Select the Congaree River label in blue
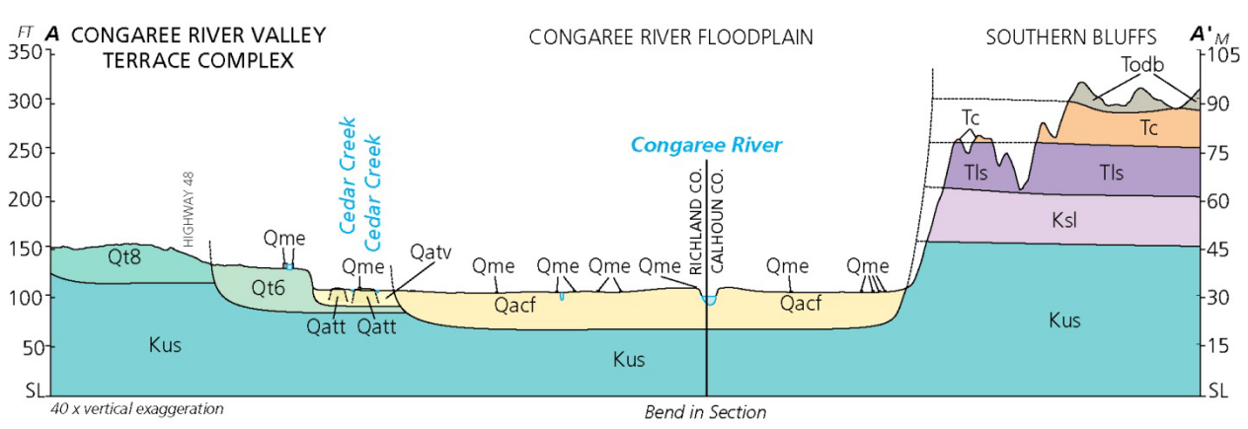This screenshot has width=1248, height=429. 706,146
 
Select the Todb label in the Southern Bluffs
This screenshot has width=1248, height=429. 1143,65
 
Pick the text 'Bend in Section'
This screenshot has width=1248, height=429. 705,412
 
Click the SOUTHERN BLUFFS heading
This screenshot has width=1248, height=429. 1071,37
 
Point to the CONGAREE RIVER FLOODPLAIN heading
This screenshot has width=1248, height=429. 671,37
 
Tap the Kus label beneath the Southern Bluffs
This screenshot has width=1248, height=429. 1064,321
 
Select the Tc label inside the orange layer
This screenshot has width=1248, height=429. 1148,128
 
